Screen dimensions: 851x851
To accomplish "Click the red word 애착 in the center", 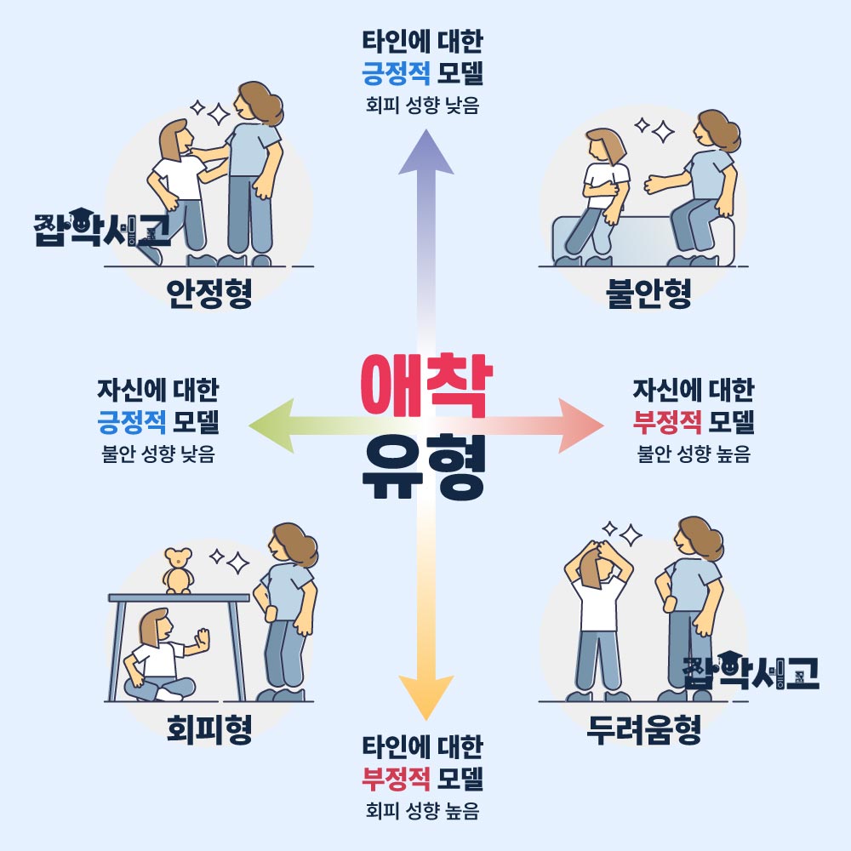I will tap(422, 386).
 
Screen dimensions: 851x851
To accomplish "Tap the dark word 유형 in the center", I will tap(423, 469).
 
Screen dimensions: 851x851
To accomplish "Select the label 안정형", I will tap(208, 294).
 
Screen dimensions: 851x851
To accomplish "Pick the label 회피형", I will tap(208, 730).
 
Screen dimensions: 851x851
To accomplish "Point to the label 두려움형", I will tap(644, 730).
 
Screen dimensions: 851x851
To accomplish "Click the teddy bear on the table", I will tap(178, 571).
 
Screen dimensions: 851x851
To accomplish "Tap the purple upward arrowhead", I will tap(423, 153).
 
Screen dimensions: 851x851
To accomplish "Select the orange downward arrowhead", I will tap(423, 698).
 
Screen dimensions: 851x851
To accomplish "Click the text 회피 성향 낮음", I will tap(422, 107).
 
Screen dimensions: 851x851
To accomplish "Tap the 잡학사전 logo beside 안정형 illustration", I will tap(100, 226).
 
